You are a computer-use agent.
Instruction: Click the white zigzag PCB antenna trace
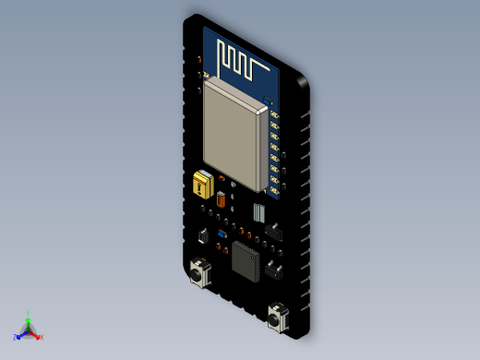[x=242, y=62]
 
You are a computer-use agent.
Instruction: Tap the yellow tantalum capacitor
[x=201, y=184]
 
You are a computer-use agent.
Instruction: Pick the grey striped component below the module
[x=259, y=212]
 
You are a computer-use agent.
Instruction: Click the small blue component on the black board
[x=222, y=234]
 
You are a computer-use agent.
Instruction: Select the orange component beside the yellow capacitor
[x=221, y=198]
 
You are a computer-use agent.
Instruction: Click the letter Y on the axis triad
[x=29, y=314]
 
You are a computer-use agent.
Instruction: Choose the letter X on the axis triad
[x=42, y=337]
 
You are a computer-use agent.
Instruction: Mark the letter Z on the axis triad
[x=15, y=338]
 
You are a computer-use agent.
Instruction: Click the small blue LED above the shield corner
[x=268, y=99]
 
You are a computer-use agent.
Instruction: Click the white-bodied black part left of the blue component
[x=203, y=236]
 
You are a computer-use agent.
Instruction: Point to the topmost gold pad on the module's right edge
[x=274, y=112]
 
